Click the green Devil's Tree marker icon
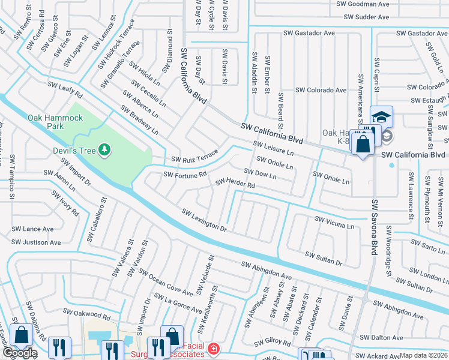coord(105,149)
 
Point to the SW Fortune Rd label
coord(185,175)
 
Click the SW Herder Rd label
coord(235,183)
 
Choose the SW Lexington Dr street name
coord(204,220)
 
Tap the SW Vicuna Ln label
coord(334,223)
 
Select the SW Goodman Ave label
coord(363,4)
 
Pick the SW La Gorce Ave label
coord(178,303)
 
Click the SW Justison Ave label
coord(37,242)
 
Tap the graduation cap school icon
coord(381,116)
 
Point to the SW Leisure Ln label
coord(273,148)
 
